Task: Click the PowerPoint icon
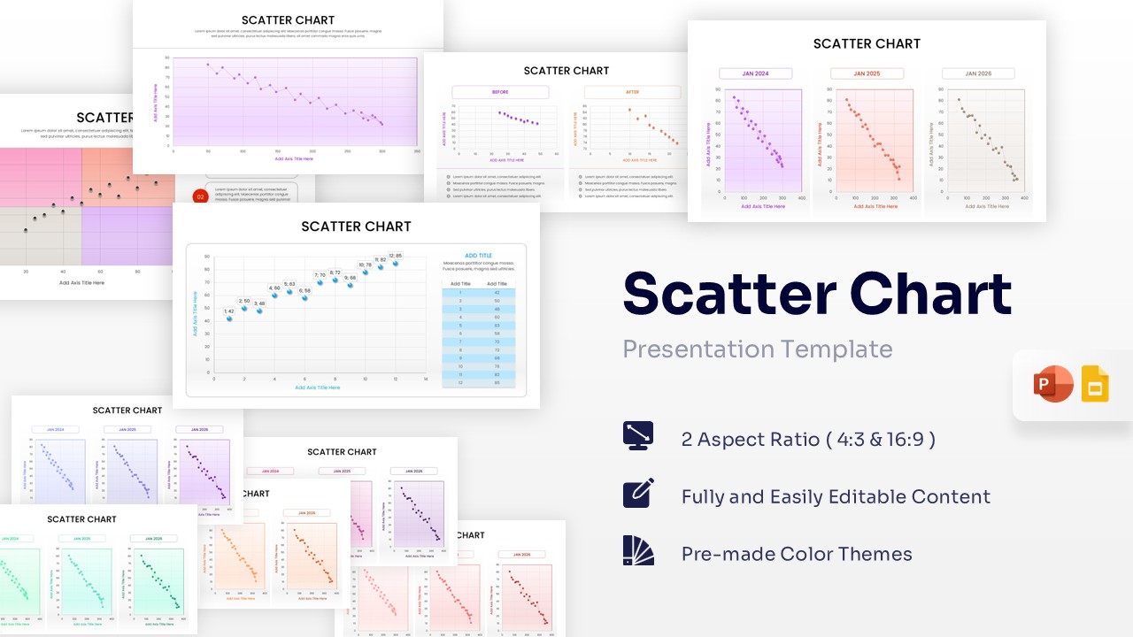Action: tap(1052, 385)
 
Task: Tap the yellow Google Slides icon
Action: tap(1095, 385)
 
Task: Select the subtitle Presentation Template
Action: tap(757, 349)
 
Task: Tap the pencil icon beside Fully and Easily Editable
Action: tap(638, 494)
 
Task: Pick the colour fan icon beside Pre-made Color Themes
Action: tap(638, 550)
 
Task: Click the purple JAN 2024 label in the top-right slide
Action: tap(755, 73)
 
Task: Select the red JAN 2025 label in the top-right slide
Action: tap(867, 73)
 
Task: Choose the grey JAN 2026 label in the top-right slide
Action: tap(978, 73)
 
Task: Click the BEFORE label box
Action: tap(500, 92)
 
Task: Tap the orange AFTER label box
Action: tap(632, 92)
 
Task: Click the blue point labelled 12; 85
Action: tap(396, 264)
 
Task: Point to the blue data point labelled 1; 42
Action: tap(229, 318)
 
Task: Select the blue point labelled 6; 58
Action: tap(304, 298)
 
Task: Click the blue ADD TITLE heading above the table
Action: tap(478, 256)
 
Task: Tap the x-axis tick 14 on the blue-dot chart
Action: tap(426, 379)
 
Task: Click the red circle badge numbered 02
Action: tap(200, 196)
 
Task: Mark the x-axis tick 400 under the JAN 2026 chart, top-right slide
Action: tap(1024, 198)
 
